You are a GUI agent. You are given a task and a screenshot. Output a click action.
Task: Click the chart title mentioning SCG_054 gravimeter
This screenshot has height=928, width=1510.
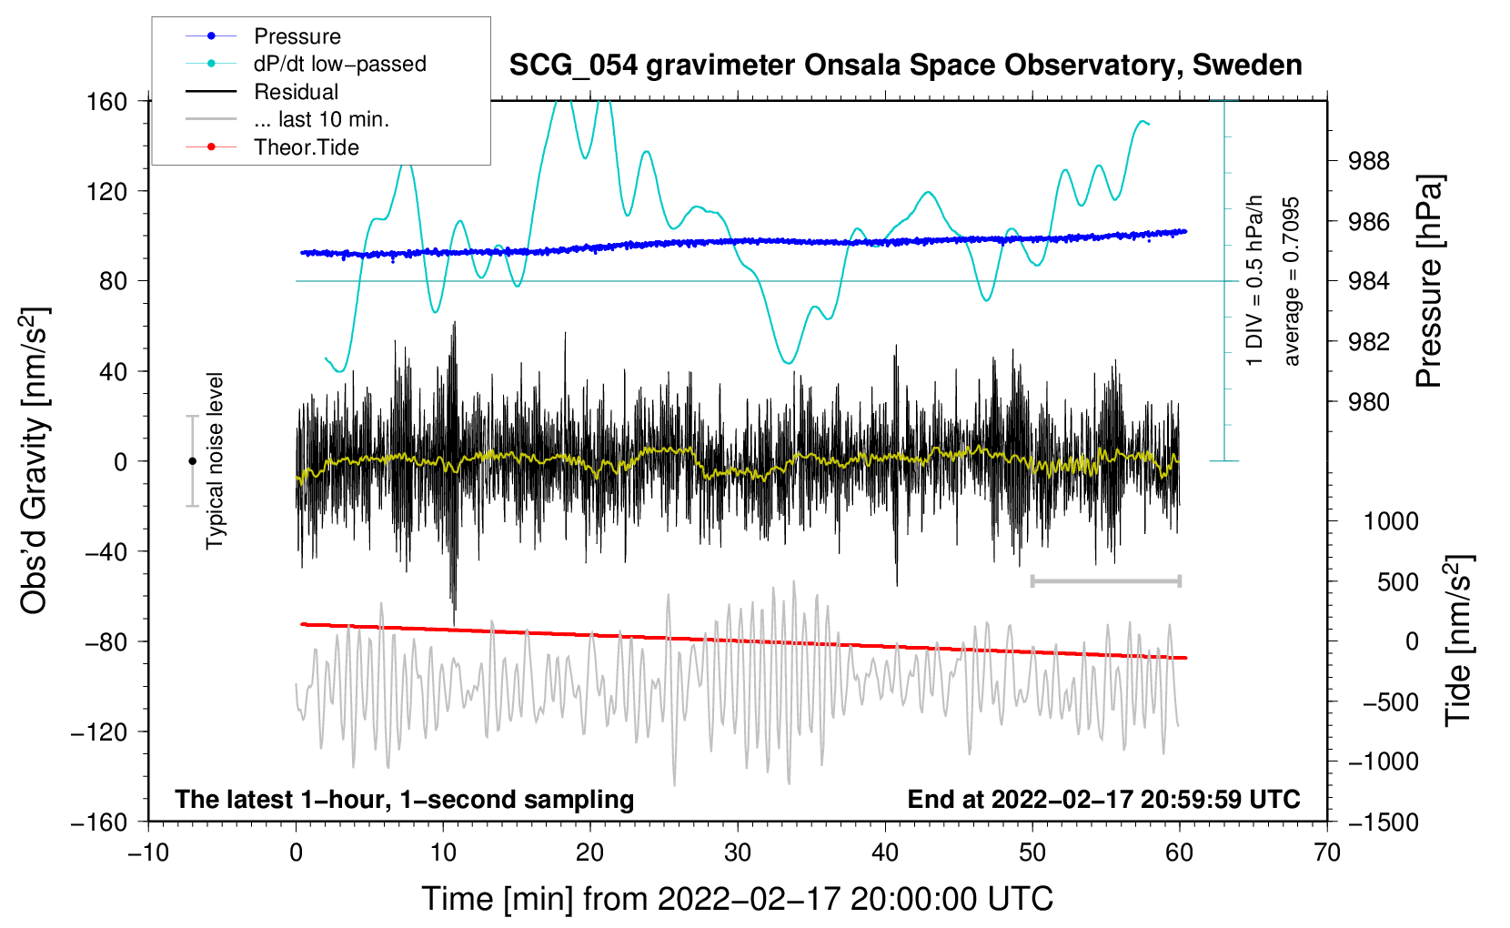(905, 66)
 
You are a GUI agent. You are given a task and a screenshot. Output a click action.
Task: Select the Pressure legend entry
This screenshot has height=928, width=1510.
(297, 36)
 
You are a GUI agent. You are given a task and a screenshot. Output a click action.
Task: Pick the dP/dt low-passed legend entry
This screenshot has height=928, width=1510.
(339, 64)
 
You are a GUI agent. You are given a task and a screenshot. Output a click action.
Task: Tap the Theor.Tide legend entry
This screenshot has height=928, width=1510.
(306, 147)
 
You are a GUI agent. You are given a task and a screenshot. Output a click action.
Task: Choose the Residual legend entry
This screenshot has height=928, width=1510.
(296, 92)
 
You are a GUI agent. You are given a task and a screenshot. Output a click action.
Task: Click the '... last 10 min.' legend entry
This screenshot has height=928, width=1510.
(321, 119)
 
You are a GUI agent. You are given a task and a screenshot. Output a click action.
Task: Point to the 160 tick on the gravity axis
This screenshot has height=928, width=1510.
(107, 101)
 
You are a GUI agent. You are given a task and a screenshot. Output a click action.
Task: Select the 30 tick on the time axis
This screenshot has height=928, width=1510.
(738, 852)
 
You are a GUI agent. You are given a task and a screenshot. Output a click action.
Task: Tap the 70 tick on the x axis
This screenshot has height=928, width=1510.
(1327, 852)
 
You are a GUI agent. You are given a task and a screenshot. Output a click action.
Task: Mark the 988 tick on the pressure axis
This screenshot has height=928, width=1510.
(1369, 161)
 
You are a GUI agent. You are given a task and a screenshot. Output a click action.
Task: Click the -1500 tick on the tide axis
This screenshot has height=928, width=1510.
(1383, 822)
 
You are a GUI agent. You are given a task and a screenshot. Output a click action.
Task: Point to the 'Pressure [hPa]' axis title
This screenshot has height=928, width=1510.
(1430, 281)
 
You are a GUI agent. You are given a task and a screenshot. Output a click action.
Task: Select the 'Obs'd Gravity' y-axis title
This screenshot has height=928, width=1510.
(35, 460)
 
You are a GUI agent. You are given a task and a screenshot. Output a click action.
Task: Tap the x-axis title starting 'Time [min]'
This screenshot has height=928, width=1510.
(738, 899)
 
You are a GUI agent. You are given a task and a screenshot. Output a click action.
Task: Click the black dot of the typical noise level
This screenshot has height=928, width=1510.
(192, 461)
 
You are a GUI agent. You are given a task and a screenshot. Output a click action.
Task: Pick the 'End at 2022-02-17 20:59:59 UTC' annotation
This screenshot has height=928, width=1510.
(1103, 799)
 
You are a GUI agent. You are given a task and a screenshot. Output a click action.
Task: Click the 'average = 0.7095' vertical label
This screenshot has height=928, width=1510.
(1291, 281)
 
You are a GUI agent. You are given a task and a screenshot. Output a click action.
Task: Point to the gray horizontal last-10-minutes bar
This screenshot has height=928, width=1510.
(1105, 580)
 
